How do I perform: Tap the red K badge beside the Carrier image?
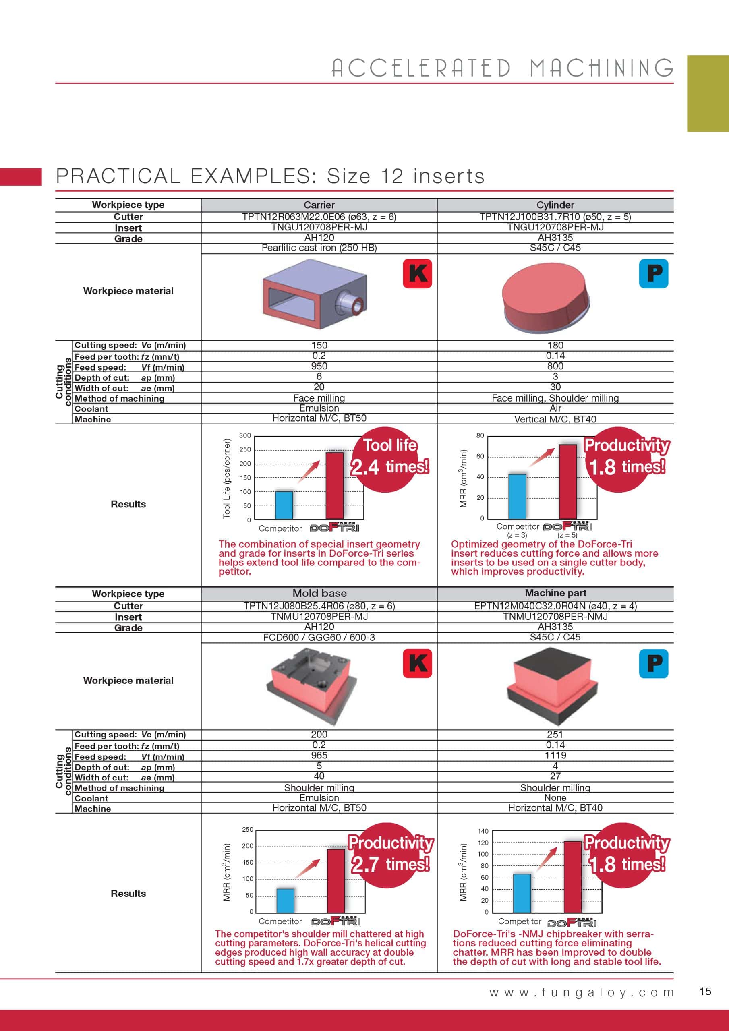pyautogui.click(x=417, y=273)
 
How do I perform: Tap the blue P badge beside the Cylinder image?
pyautogui.click(x=654, y=273)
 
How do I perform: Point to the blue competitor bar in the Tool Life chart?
pyautogui.click(x=284, y=505)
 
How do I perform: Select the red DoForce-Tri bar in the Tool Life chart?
pyautogui.click(x=334, y=486)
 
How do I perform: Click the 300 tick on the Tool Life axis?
pyautogui.click(x=245, y=435)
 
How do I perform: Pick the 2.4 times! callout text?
pyautogui.click(x=389, y=466)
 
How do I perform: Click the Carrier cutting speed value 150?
pyautogui.click(x=319, y=345)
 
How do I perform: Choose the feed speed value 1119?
pyautogui.click(x=555, y=755)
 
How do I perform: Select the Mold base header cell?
pyautogui.click(x=319, y=593)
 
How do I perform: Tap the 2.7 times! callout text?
pyautogui.click(x=390, y=864)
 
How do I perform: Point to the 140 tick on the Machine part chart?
pyautogui.click(x=483, y=831)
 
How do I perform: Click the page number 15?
pyautogui.click(x=705, y=992)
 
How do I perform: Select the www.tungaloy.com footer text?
pyautogui.click(x=582, y=992)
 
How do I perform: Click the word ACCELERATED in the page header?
pyautogui.click(x=421, y=68)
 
